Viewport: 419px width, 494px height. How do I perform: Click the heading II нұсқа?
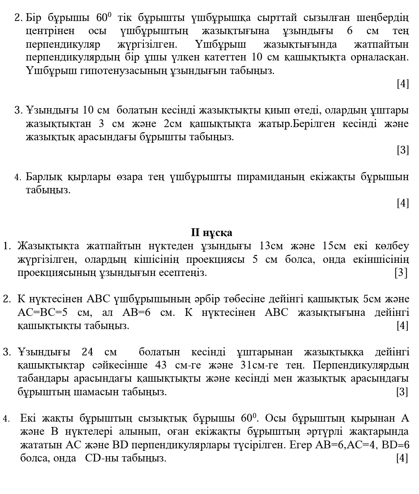[212, 232]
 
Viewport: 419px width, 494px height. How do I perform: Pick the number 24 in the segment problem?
[87, 352]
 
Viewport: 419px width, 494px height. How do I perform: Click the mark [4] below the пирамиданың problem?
[403, 202]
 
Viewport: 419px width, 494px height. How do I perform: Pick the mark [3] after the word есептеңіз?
[400, 272]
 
